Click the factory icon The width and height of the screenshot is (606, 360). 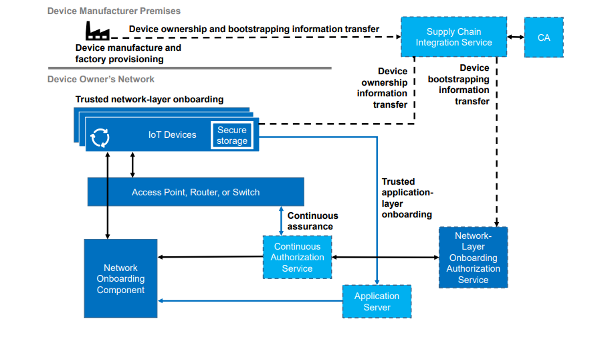[x=97, y=30]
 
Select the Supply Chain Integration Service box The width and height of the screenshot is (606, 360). [x=453, y=37]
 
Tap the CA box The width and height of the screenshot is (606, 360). [x=544, y=37]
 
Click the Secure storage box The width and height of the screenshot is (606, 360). [x=232, y=135]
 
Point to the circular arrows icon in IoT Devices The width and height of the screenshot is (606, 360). [x=100, y=137]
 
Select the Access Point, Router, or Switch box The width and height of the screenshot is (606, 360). [x=195, y=192]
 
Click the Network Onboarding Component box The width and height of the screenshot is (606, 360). [x=120, y=278]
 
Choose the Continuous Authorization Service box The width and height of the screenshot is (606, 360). [x=297, y=258]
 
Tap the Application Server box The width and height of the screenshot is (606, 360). [x=377, y=302]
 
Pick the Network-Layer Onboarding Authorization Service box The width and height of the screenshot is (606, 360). [x=473, y=258]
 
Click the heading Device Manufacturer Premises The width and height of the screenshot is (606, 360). [x=114, y=11]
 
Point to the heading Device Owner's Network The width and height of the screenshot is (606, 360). [x=101, y=79]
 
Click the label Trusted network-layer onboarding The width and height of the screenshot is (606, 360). [x=149, y=99]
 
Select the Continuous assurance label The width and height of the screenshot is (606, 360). [x=312, y=221]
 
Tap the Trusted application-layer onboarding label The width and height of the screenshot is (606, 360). [x=407, y=198]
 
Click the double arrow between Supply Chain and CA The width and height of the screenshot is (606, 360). [x=515, y=37]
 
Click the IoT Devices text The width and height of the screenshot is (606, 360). [x=173, y=134]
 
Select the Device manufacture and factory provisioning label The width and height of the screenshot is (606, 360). [x=128, y=54]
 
